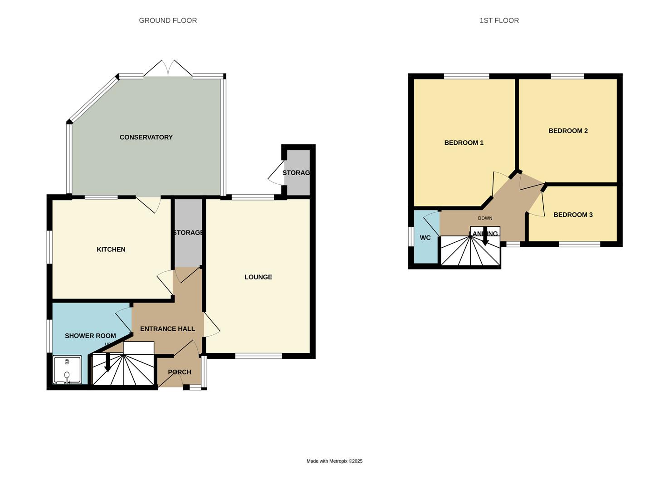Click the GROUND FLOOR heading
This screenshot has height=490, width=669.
pos(168,20)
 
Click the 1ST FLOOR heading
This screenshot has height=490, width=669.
pos(499,20)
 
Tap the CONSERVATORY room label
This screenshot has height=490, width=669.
pos(146,137)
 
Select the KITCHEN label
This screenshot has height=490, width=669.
pos(111,249)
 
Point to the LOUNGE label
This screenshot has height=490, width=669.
pos(258,277)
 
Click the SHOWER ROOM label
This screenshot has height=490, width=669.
pos(90,336)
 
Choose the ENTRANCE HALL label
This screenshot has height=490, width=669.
pos(167,328)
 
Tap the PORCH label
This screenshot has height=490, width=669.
pos(180,372)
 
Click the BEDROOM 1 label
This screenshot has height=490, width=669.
pos(464,142)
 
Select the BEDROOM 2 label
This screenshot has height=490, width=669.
pos(568,131)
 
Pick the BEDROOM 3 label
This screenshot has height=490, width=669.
pos(573,215)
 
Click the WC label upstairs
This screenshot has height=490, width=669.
pos(425,238)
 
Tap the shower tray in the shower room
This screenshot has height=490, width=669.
pos(67,369)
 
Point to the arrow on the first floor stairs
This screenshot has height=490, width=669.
pos(485,237)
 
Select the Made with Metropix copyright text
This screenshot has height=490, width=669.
pos(334,461)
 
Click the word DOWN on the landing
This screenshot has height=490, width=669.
pos(485,218)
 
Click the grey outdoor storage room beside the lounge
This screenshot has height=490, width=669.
pos(297,172)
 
